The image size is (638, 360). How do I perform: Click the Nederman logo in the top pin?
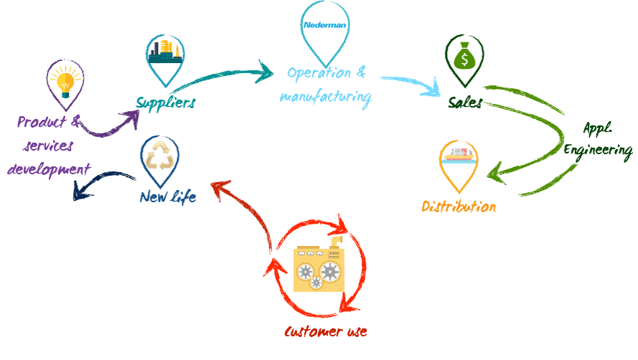click(x=325, y=24)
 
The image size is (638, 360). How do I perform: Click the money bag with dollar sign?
click(x=464, y=56)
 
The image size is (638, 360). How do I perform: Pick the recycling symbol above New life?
click(x=160, y=156)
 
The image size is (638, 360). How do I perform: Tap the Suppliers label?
click(x=166, y=103)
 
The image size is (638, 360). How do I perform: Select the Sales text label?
click(x=465, y=103)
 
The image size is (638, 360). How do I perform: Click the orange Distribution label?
click(x=458, y=207)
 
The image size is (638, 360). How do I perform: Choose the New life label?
click(x=166, y=194)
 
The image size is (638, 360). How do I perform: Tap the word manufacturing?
click(x=326, y=95)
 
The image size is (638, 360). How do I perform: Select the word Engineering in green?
click(x=597, y=150)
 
